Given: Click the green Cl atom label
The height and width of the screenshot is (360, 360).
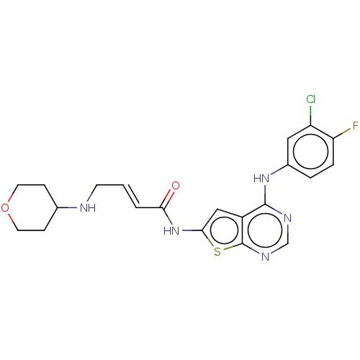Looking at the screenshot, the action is point(310,99).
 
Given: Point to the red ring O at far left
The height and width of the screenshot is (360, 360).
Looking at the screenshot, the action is point(6,208).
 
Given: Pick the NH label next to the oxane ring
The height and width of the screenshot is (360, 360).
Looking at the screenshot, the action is point(87,208).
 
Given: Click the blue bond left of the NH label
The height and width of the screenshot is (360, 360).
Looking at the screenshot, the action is point(72,208).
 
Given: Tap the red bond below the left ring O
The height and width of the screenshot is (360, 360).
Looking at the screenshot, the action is point(10,218).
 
